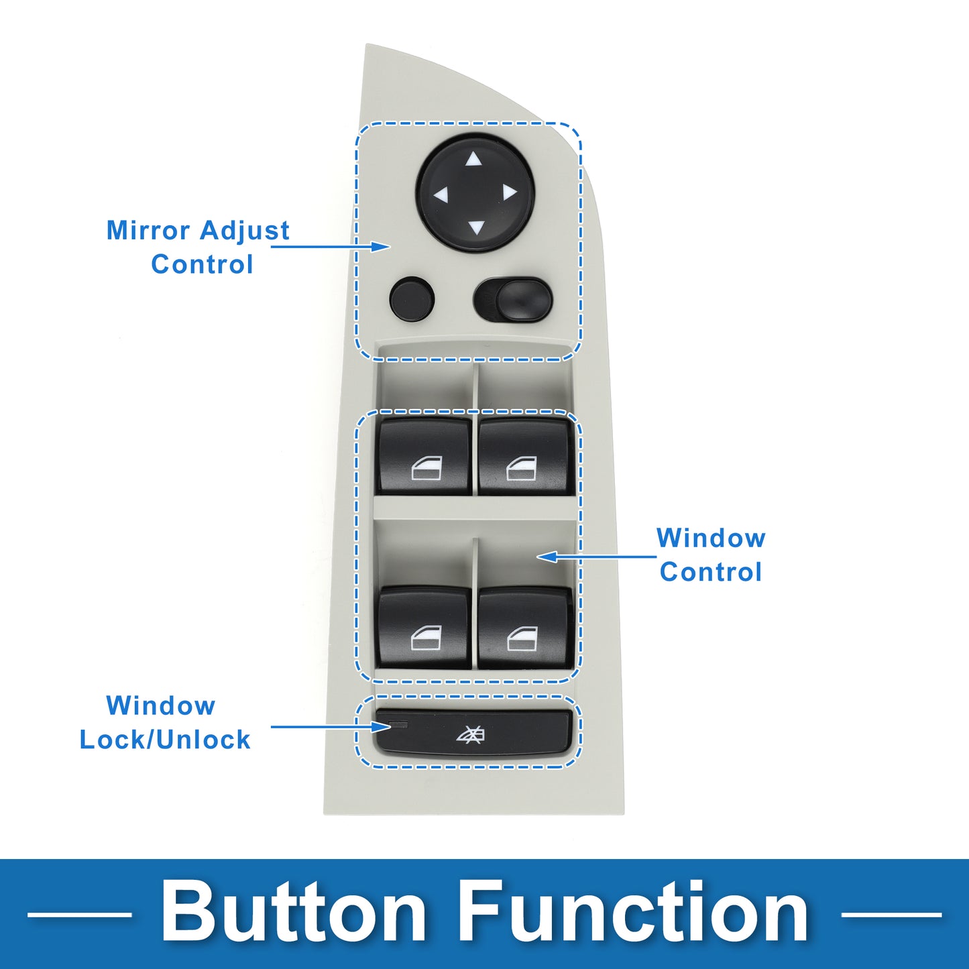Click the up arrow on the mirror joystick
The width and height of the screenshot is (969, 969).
473,160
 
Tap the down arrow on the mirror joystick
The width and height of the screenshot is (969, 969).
476,228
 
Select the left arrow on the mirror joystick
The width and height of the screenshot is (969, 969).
441,195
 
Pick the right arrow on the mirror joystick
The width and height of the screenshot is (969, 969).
510,192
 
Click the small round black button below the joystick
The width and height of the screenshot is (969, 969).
411,298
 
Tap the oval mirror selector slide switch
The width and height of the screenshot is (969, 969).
512,300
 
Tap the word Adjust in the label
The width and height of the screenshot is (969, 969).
244,231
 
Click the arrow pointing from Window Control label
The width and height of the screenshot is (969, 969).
596,556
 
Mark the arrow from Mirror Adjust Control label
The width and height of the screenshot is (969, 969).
331,246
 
